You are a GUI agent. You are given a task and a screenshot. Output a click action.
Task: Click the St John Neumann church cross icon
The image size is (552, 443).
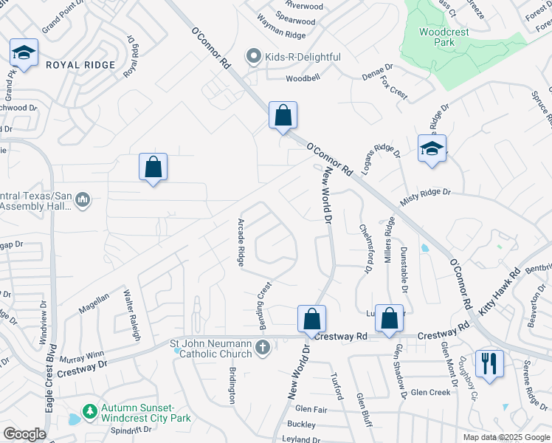262,348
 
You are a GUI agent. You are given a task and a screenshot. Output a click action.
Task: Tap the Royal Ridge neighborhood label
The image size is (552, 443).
80,65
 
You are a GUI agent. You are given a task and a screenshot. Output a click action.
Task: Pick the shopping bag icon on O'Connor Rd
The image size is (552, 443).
283,115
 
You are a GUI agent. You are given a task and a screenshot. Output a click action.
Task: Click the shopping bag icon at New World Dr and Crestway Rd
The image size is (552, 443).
312,319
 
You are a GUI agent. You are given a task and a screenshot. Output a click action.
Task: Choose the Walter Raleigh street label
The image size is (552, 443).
131,314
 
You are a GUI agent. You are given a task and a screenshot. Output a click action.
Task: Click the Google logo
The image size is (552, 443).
24,434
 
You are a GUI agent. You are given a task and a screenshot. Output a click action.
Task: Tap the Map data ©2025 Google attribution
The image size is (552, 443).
505,437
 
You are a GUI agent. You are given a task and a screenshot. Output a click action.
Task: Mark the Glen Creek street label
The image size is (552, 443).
430,393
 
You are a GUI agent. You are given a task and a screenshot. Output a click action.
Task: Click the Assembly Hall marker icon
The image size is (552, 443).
83,199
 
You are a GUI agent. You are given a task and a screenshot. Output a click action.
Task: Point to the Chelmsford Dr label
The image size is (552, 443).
365,249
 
